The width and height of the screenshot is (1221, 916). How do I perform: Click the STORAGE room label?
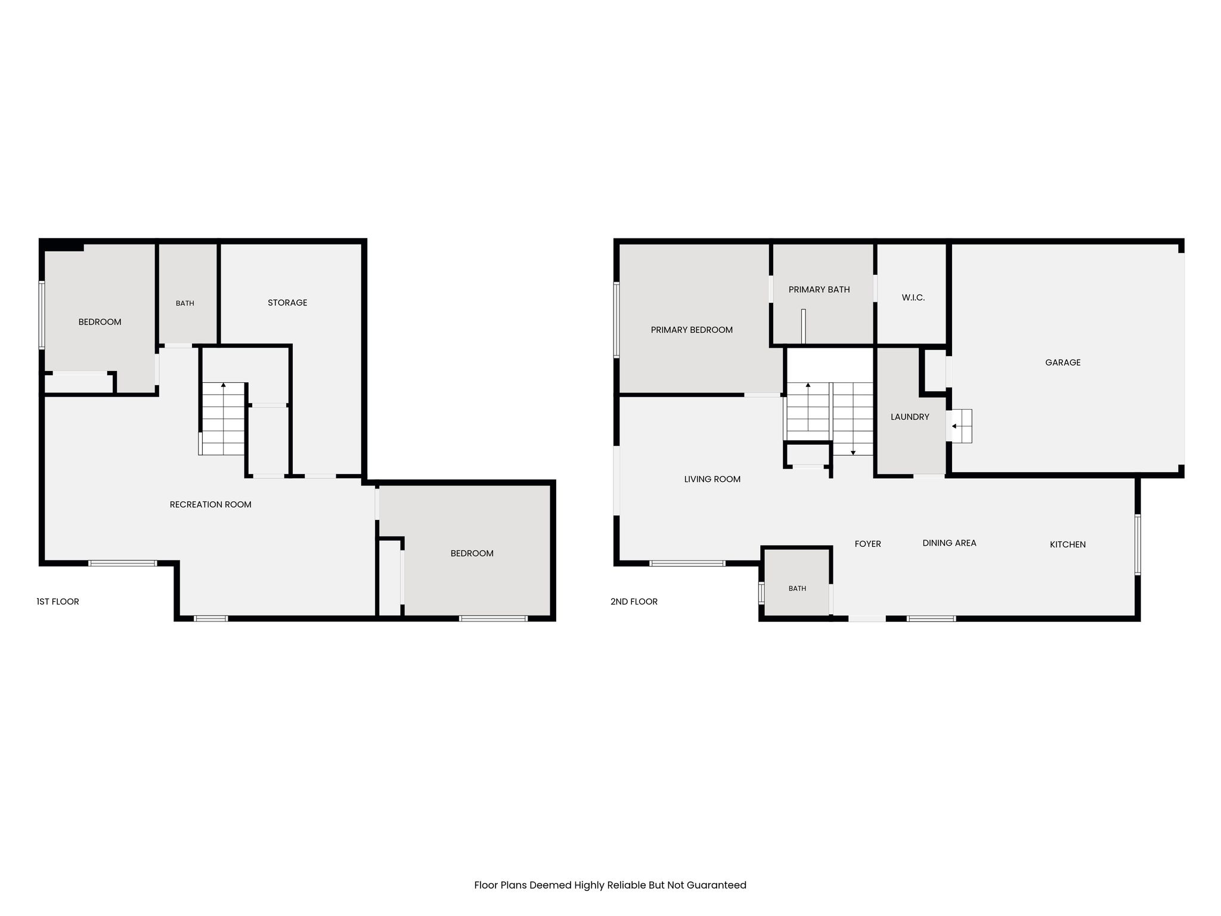pos(287,303)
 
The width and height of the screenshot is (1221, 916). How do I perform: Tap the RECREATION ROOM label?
pos(210,505)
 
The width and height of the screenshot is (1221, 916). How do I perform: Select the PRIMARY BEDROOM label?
pos(692,330)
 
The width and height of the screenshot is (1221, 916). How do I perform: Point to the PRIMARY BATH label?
pos(819,290)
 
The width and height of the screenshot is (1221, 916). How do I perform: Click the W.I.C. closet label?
pos(913,298)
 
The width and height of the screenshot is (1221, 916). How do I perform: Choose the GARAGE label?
pos(1063,363)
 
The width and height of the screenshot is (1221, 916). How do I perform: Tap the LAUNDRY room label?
pos(910,417)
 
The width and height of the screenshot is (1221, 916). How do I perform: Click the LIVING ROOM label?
pos(712,479)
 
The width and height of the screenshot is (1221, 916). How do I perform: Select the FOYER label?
pos(868,544)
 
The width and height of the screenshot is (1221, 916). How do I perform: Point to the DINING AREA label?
pos(949,543)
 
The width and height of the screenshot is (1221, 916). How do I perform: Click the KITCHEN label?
pos(1068,544)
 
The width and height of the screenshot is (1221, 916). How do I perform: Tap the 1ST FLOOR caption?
pos(58,602)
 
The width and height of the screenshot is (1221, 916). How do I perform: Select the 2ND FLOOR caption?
pos(634,602)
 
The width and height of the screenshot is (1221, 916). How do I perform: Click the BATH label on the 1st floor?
pos(185,304)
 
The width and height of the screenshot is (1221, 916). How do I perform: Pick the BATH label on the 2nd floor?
pos(797,589)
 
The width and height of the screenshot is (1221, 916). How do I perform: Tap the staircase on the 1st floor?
pos(222,419)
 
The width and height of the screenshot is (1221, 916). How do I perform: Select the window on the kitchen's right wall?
pos(1138,544)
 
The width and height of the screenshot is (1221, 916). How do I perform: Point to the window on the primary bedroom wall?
pos(616,320)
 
